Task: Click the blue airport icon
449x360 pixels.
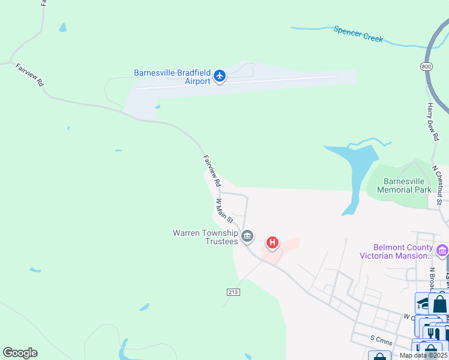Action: point(220,76)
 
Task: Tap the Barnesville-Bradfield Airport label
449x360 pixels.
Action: point(172,77)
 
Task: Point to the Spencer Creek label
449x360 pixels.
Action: point(358,33)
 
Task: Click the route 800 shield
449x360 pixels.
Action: point(426,66)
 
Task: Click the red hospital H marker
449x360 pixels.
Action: point(273,243)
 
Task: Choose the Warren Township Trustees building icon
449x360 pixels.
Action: point(247,238)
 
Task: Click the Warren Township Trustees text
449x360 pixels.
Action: point(205,237)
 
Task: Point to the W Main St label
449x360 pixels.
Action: point(224,211)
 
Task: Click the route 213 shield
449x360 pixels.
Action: point(234,292)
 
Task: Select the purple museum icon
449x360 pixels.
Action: point(443,250)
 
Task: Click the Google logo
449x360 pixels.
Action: point(20,353)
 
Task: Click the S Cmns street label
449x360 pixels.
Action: point(381,338)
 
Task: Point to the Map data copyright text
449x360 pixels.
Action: point(423,355)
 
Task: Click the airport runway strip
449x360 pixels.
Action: point(240,82)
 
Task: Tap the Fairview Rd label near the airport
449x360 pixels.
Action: point(212,170)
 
